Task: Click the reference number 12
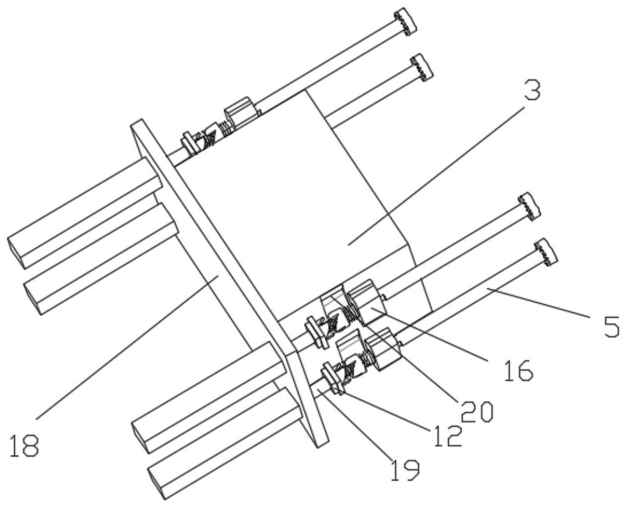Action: point(446,434)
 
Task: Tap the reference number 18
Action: point(24,445)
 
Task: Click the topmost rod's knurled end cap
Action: point(405,22)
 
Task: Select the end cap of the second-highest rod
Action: point(422,66)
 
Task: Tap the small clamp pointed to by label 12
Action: point(332,377)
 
